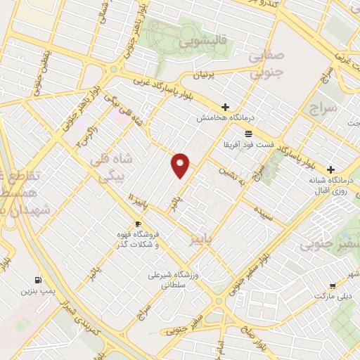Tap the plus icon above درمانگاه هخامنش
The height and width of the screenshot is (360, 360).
tap(225, 108)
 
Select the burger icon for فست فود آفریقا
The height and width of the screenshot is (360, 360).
tap(247, 133)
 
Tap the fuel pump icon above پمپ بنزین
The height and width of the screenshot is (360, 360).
tap(37, 279)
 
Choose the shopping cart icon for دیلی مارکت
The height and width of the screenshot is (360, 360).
tap(332, 286)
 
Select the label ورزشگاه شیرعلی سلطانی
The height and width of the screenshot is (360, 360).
tap(170, 279)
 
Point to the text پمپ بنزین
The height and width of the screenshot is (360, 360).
tap(37, 290)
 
